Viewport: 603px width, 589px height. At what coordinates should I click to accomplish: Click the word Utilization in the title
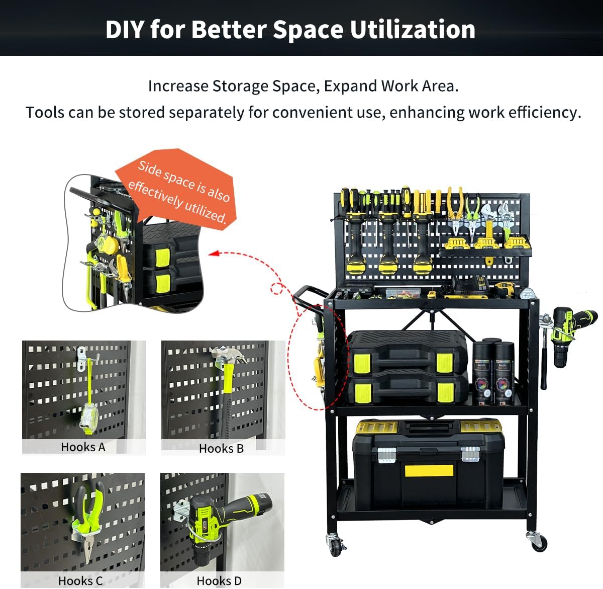pyautogui.click(x=412, y=29)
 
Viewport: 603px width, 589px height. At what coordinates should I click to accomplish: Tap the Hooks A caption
pyautogui.click(x=83, y=447)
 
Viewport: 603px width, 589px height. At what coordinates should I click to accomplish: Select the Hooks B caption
pyautogui.click(x=221, y=448)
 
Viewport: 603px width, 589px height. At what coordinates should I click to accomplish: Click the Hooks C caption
pyautogui.click(x=80, y=580)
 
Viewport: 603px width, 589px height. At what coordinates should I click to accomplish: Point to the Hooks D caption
pyautogui.click(x=219, y=580)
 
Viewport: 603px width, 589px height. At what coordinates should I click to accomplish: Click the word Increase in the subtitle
pyautogui.click(x=178, y=86)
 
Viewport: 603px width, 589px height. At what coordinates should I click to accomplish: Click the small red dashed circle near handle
pyautogui.click(x=276, y=289)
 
